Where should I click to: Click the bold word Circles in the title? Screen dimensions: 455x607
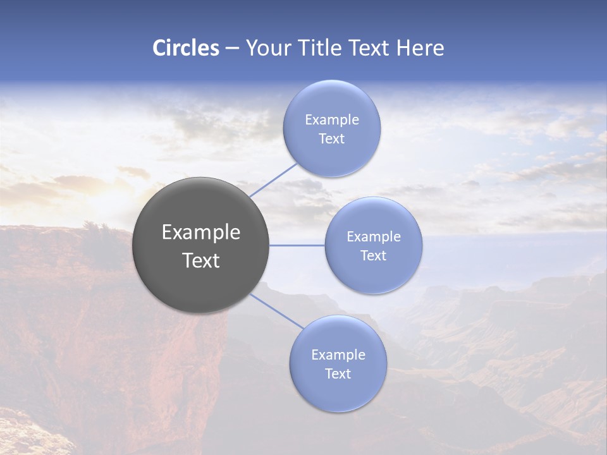pyautogui.click(x=186, y=48)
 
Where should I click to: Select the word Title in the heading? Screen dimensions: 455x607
pyautogui.click(x=324, y=48)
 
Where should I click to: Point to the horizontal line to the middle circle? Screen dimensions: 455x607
pyautogui.click(x=297, y=245)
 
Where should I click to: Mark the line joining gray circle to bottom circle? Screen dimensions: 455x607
pyautogui.click(x=276, y=311)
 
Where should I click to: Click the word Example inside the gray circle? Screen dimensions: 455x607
pyautogui.click(x=200, y=233)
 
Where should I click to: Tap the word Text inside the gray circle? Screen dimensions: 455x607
pyautogui.click(x=200, y=260)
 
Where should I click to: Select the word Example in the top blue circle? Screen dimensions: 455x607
pyautogui.click(x=331, y=120)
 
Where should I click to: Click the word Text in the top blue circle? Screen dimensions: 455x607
pyautogui.click(x=331, y=139)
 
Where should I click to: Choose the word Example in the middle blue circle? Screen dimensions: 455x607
pyautogui.click(x=373, y=237)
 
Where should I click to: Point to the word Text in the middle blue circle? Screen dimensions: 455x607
pyautogui.click(x=373, y=256)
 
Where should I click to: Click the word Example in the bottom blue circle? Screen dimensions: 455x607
pyautogui.click(x=338, y=355)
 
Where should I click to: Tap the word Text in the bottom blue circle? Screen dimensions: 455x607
pyautogui.click(x=338, y=374)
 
